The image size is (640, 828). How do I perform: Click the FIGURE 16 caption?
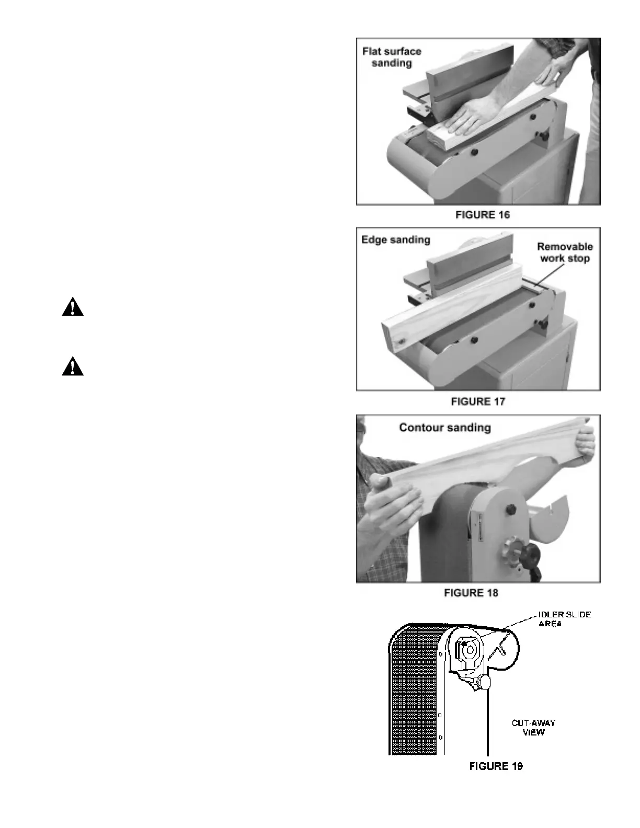pyautogui.click(x=482, y=215)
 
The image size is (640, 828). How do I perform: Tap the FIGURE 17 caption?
pyautogui.click(x=478, y=401)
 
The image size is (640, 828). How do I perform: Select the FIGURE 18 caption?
pyautogui.click(x=471, y=593)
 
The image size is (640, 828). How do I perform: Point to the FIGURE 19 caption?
pyautogui.click(x=496, y=766)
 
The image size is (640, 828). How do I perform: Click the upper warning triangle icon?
pyautogui.click(x=73, y=307)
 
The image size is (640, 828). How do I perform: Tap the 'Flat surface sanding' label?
pyautogui.click(x=392, y=57)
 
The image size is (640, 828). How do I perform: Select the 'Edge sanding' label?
pyautogui.click(x=396, y=240)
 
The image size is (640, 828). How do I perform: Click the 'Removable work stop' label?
pyautogui.click(x=565, y=252)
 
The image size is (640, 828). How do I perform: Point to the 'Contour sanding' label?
pyautogui.click(x=445, y=428)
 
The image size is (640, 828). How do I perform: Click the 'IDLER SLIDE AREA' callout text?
pyautogui.click(x=564, y=619)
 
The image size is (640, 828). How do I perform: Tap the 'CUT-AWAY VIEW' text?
pyautogui.click(x=533, y=728)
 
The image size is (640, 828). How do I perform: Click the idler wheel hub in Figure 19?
pyautogui.click(x=470, y=650)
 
